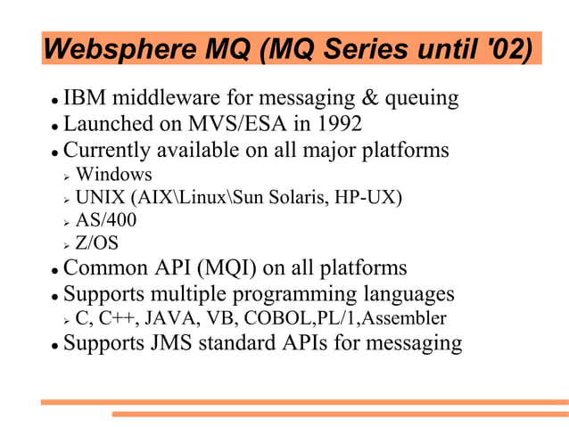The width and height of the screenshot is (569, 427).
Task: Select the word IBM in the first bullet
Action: tap(87, 98)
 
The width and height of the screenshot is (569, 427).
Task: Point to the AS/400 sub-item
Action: tap(106, 220)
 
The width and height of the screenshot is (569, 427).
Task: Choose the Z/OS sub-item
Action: tap(97, 243)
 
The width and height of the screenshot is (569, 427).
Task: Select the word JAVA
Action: tap(169, 318)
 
